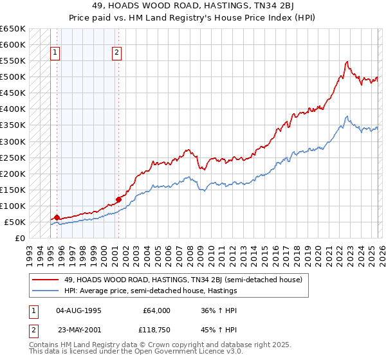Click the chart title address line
click(192, 6)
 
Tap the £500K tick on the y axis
click(12, 77)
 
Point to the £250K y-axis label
click(12, 157)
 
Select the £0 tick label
click(20, 238)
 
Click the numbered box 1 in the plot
click(55, 53)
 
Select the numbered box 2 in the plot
click(117, 53)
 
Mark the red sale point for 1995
click(57, 217)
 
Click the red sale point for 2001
click(118, 199)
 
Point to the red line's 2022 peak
click(347, 62)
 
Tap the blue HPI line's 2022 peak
click(347, 116)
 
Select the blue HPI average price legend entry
click(151, 291)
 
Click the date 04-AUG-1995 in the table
click(79, 310)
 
